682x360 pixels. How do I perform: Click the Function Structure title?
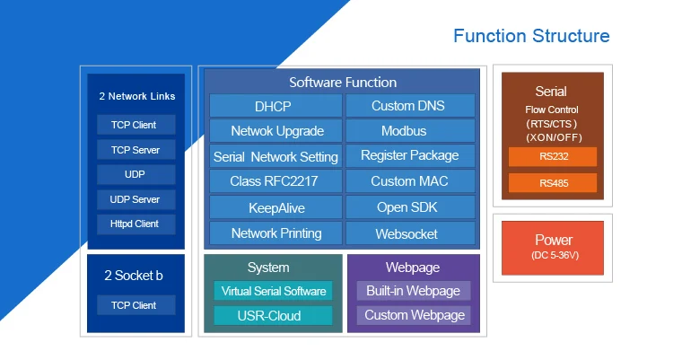[x=531, y=36]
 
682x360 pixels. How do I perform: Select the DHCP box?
[x=275, y=106]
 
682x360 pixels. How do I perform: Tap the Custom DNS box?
[x=410, y=106]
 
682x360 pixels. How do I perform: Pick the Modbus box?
[x=410, y=131]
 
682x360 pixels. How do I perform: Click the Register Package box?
[x=410, y=156]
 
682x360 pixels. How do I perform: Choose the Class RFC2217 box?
[x=275, y=181]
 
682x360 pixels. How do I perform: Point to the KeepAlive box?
[x=275, y=207]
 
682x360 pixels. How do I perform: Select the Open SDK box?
[x=410, y=207]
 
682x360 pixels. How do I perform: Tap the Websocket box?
[x=410, y=233]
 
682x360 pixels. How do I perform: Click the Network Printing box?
[x=275, y=233]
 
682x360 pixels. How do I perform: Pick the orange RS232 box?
[x=553, y=157]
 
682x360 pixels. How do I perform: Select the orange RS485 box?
[x=553, y=183]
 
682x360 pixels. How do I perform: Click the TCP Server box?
[x=136, y=150]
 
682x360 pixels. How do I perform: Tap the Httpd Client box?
[x=136, y=224]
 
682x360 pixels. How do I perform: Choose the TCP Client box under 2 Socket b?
[x=136, y=305]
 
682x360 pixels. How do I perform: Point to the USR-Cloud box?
[x=273, y=315]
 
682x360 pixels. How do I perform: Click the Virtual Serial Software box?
[x=273, y=291]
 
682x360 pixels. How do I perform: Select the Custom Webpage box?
[x=414, y=315]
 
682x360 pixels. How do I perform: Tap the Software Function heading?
[x=343, y=83]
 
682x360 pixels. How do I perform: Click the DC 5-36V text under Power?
[x=555, y=255]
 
